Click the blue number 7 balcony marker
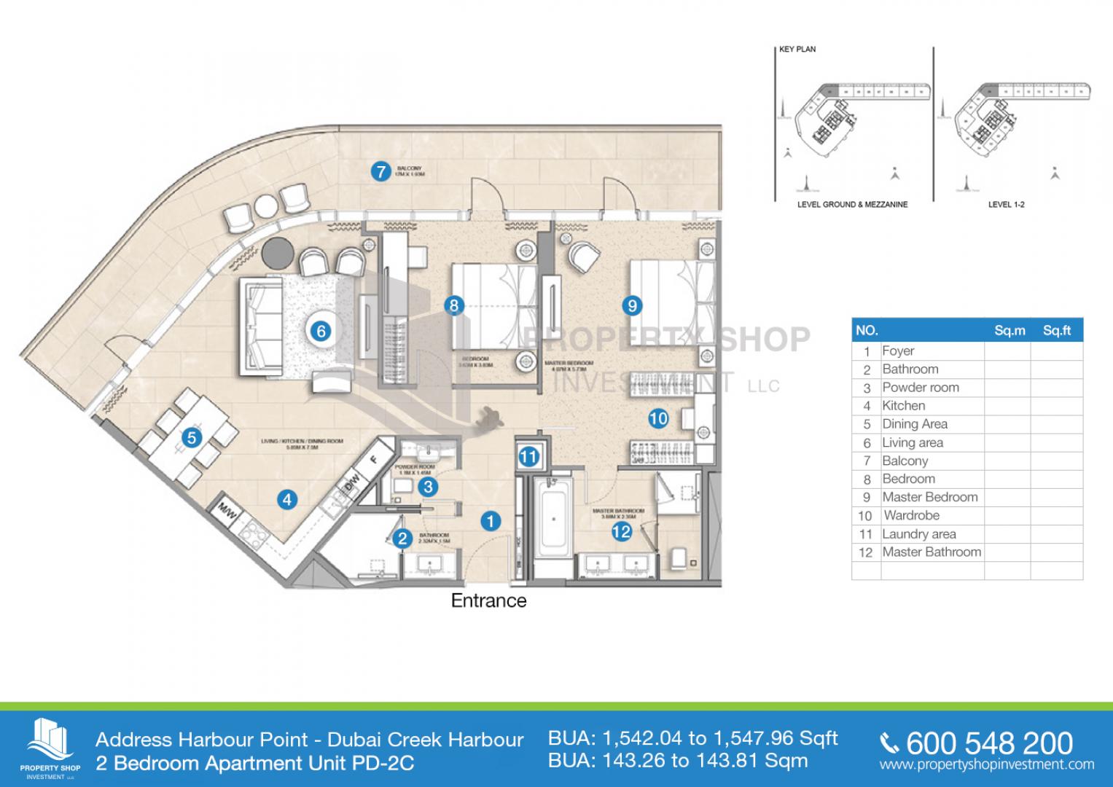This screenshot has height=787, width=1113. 380,172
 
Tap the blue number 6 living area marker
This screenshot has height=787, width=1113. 320,332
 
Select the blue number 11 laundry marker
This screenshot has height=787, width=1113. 528,458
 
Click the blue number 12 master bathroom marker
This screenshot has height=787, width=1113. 621,532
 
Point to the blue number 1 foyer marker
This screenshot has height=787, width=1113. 491,521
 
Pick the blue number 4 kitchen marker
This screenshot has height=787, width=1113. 287,500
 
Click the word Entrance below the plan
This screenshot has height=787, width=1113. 488,600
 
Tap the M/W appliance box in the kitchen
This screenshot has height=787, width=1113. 227,513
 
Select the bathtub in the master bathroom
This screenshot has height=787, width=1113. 554,520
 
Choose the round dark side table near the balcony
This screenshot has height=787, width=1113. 276,251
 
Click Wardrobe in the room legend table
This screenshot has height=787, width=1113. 911,515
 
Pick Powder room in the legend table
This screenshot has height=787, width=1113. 921,388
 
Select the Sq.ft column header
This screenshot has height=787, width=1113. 1056,331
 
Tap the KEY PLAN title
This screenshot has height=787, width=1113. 797,50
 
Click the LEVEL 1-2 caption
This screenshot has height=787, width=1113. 1006,205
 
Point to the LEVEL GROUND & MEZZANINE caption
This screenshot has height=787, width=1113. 852,205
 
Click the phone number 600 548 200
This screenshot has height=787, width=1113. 988,743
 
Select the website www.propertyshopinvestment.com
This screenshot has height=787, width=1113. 986,764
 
